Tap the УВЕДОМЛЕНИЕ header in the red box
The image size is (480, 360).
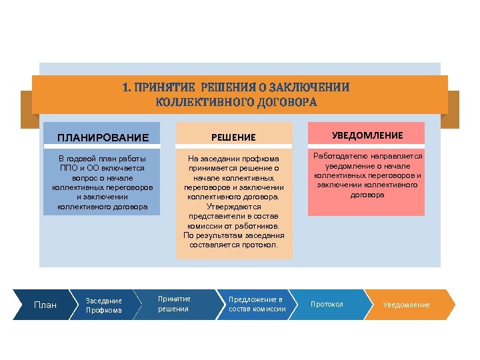367,135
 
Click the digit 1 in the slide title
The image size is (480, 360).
125,87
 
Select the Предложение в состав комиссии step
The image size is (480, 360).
257,304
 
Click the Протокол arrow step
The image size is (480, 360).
327,305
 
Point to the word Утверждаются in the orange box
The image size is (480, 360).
233,207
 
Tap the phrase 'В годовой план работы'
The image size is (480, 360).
103,159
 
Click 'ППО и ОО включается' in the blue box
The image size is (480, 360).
103,169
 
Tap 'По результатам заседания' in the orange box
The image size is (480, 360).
233,235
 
